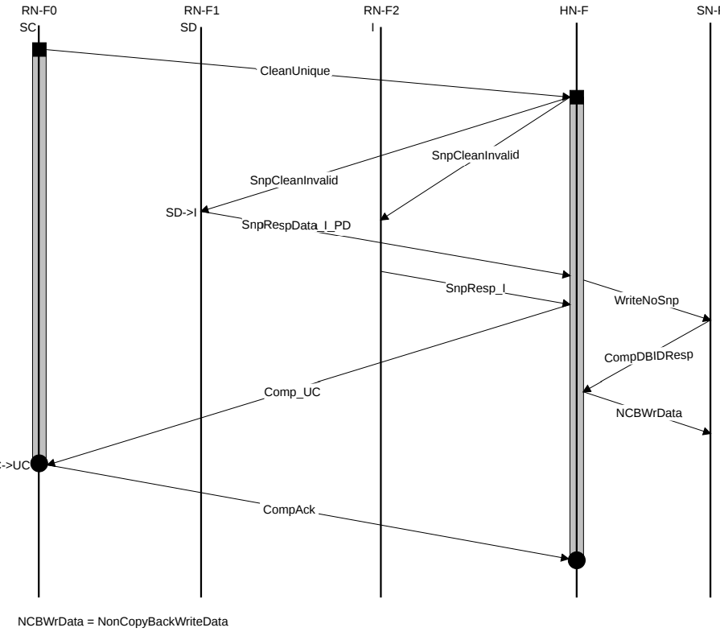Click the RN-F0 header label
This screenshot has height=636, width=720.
coord(39,12)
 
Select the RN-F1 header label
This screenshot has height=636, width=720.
coord(201,12)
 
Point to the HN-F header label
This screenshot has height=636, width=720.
coord(577,12)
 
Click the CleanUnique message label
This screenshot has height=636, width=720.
coord(295,71)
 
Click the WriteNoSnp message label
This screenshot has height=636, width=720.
coord(647,299)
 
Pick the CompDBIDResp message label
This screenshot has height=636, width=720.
coord(648,355)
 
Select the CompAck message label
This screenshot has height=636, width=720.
coord(283,510)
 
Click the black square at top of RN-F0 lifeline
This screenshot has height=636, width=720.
coord(39,50)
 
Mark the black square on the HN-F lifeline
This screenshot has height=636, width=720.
coord(577,97)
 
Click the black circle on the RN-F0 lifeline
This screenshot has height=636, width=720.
coord(39,463)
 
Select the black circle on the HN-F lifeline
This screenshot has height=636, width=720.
coord(577,560)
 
